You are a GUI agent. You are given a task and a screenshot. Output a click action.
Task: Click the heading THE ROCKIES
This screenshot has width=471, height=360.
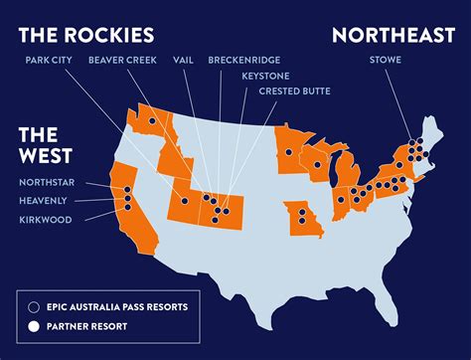87,35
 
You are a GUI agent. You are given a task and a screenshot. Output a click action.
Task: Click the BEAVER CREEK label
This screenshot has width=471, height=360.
124,60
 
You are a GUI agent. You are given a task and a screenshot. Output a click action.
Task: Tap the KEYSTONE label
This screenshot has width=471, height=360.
265,76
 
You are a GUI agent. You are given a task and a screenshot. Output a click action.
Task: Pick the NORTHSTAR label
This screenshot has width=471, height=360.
46,183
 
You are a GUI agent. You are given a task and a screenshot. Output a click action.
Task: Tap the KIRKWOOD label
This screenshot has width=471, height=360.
46,219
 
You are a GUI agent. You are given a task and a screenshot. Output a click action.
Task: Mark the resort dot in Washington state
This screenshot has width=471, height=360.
152,120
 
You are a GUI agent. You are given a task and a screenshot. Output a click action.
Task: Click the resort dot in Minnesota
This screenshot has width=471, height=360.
287,152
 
